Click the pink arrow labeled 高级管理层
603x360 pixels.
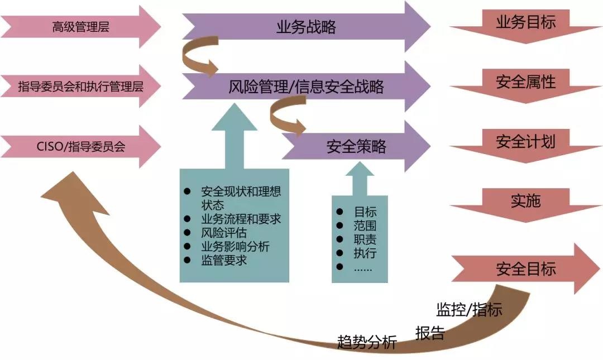[81, 27]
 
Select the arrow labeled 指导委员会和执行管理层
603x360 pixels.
[81, 87]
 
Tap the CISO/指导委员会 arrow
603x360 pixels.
[81, 147]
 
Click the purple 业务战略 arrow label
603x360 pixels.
[306, 27]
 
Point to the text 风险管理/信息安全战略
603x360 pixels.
[306, 87]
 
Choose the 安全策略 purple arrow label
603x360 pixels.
[356, 147]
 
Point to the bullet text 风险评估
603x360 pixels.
[223, 233]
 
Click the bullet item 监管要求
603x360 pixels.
[223, 260]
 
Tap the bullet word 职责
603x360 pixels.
[365, 239]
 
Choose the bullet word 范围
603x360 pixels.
[365, 225]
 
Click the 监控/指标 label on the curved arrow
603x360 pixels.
[469, 309]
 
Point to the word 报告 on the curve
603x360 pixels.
[430, 333]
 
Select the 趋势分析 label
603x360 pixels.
[367, 342]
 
